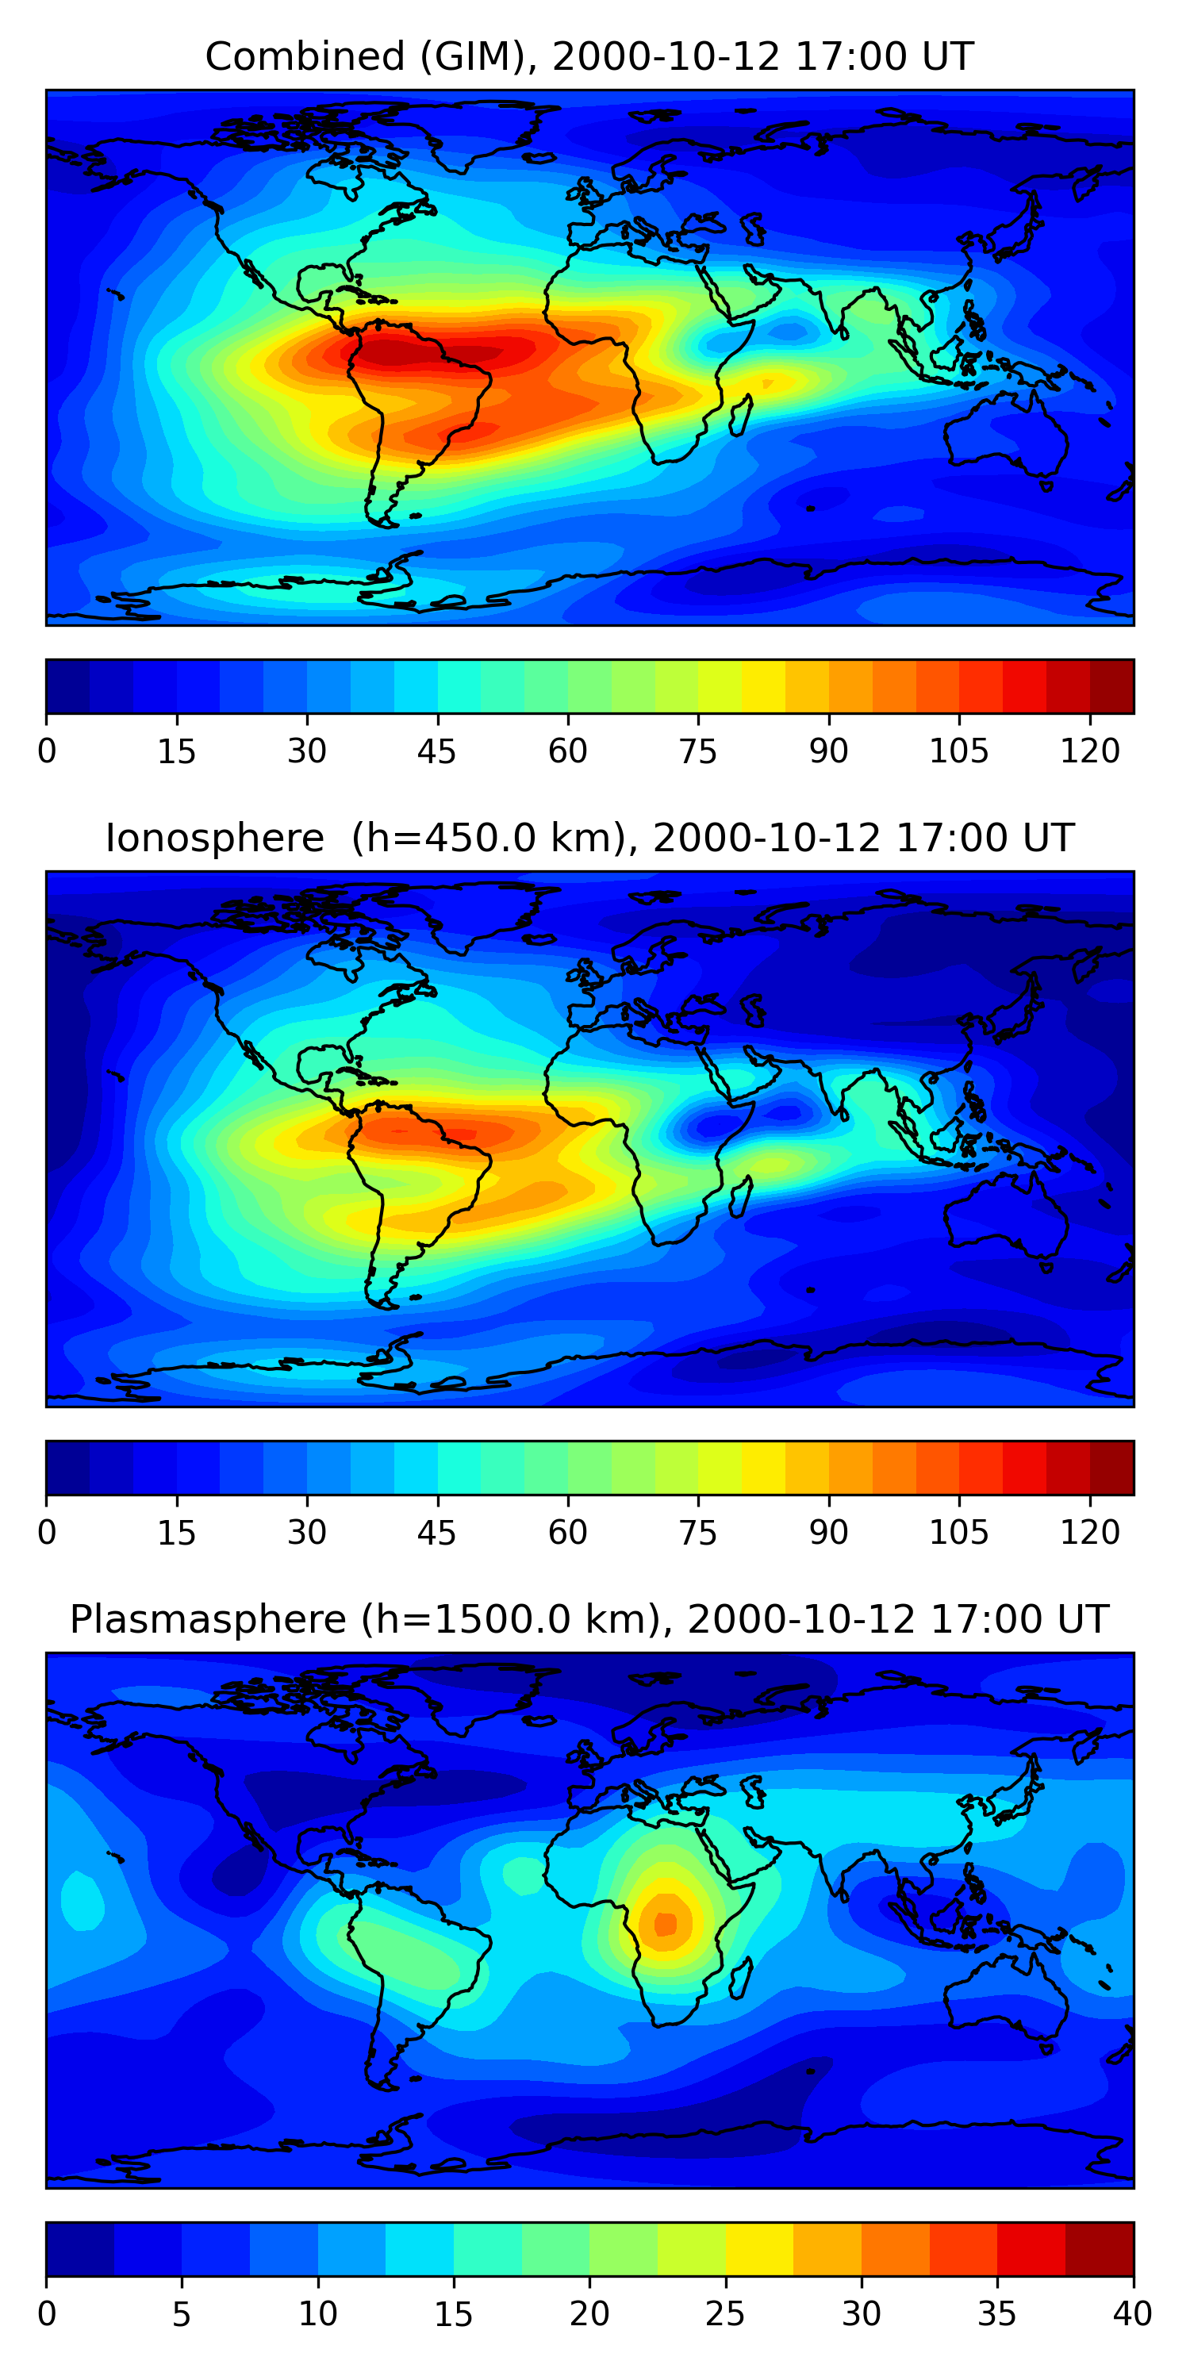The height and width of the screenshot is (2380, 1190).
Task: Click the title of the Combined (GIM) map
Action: coord(589,56)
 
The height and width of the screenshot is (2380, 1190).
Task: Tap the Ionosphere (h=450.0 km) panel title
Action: coord(589,838)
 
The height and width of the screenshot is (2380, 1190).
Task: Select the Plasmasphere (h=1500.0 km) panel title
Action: coord(589,1620)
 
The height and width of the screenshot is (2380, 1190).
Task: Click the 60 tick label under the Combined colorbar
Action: coord(567,751)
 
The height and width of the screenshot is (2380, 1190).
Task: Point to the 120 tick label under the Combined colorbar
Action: coord(1090,751)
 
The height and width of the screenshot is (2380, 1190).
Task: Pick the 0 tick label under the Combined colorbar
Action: coord(47,751)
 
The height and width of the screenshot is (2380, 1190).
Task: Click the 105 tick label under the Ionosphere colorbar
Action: coord(959,1533)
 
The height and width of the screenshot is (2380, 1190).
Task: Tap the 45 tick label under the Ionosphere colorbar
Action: coord(437,1533)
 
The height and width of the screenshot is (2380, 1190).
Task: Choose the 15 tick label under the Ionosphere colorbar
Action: coord(176,1533)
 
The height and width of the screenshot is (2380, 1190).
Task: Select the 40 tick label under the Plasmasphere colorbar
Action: coord(1133,2314)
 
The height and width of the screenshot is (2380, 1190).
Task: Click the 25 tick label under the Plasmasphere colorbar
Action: coord(725,2314)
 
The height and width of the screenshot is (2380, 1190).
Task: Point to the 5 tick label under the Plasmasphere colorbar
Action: coord(182,2314)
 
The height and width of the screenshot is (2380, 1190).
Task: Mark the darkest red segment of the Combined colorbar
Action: coord(1111,686)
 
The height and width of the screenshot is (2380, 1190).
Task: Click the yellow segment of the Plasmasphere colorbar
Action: coord(759,2249)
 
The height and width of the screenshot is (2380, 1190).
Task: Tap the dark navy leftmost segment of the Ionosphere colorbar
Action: coord(68,1467)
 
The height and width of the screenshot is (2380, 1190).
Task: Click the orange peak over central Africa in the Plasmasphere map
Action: coord(666,1924)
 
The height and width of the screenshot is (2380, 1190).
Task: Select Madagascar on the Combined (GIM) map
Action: coord(741,415)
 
